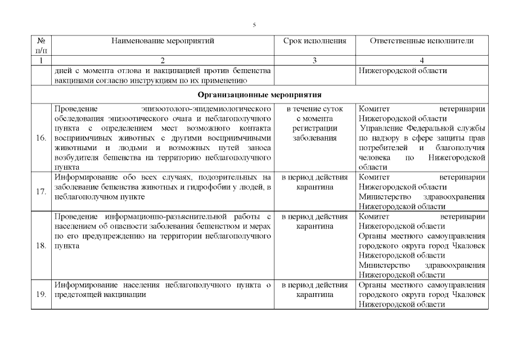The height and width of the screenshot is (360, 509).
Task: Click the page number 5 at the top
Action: point(254,25)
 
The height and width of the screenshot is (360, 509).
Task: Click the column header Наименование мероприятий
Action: point(163,41)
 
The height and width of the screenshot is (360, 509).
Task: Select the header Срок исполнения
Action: point(314,41)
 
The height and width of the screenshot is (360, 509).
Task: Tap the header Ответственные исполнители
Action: point(422,41)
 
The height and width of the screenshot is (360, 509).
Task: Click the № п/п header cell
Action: point(41,45)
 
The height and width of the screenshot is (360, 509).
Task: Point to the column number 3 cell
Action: point(314,60)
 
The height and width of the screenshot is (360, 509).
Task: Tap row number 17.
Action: point(41,192)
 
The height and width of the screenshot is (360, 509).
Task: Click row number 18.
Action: point(41,246)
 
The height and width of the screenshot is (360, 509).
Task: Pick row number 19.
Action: point(41,295)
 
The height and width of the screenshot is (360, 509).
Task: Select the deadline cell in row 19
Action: point(314,290)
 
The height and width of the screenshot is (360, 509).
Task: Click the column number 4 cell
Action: point(422,60)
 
